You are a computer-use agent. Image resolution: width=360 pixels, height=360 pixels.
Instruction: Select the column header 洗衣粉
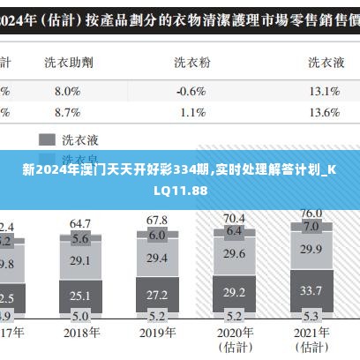(191, 62)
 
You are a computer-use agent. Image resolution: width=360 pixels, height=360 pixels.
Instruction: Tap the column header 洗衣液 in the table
(326, 62)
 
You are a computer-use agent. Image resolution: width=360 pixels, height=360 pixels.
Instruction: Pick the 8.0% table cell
(67, 90)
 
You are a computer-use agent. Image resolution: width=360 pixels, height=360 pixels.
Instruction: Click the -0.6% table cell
(191, 90)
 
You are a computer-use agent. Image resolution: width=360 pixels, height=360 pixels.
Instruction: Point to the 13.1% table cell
(325, 90)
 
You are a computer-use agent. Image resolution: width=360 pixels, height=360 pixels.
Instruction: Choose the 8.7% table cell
(67, 112)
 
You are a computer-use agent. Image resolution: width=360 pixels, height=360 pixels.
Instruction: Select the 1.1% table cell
(192, 112)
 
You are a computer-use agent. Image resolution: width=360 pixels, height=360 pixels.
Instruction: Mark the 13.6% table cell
(325, 112)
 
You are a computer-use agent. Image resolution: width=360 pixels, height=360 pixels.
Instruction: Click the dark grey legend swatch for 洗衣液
(46, 139)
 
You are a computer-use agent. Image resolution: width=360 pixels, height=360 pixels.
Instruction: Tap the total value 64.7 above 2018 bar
(80, 224)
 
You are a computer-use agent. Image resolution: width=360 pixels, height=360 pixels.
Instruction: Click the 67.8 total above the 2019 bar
(157, 220)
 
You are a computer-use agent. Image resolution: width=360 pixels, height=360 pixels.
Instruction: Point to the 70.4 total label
(234, 217)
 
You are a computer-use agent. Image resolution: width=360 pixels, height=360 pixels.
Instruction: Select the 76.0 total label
(311, 213)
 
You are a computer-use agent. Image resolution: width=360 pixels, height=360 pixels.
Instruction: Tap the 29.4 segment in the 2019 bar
(157, 258)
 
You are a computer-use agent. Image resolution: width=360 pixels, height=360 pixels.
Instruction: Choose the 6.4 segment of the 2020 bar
(234, 231)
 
